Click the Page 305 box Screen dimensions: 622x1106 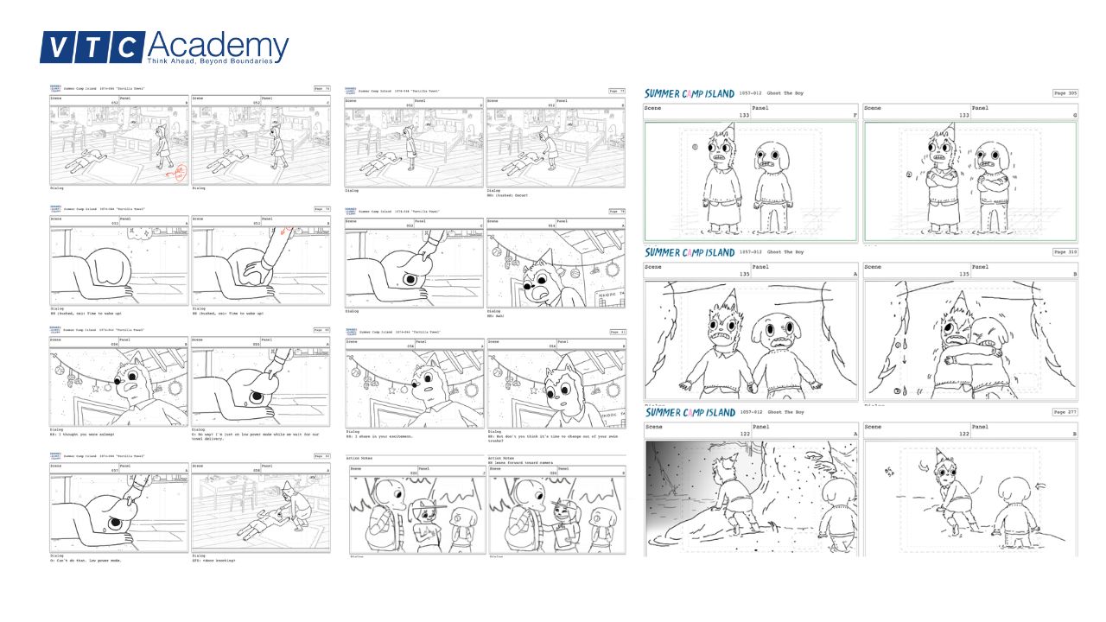1065,93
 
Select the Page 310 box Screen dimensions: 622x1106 1065,252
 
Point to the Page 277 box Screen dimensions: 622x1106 1065,412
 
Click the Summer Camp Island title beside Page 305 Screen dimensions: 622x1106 689,93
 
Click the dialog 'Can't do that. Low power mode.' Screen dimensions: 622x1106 86,560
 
